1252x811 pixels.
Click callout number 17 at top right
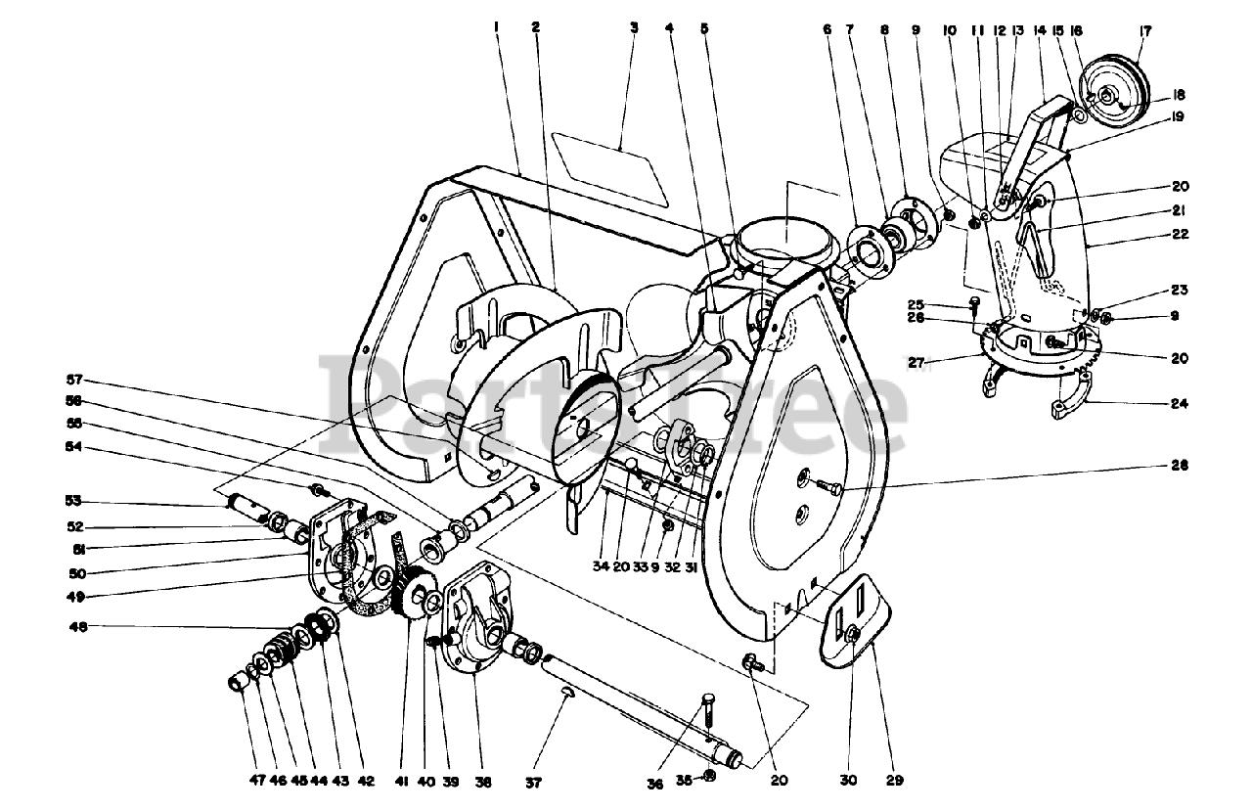[1143, 31]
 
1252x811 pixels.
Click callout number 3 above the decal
[634, 28]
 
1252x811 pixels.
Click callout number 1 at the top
[497, 28]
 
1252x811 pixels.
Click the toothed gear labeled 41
[415, 592]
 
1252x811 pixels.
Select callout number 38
[482, 782]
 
